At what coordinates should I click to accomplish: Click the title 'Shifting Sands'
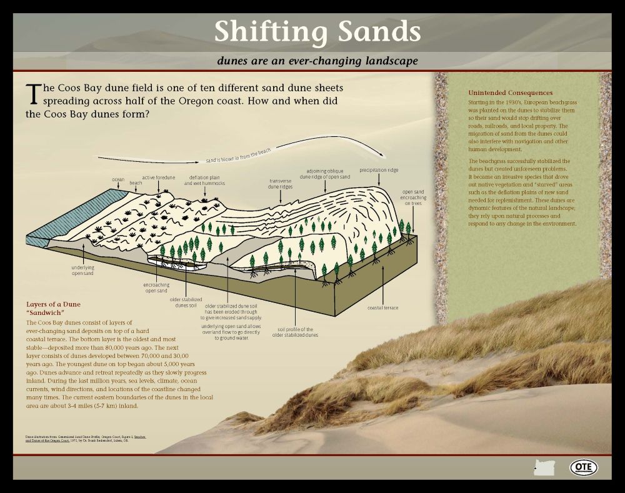coord(317,31)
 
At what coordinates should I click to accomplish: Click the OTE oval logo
coord(583,467)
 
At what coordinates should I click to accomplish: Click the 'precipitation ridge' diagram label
coord(379,169)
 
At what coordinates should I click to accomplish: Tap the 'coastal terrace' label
coord(383,307)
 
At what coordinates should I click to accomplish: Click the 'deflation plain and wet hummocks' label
coord(204,180)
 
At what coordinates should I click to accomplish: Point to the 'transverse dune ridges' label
coord(281,182)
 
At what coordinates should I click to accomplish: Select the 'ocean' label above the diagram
coord(118,179)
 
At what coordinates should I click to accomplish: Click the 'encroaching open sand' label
coord(156,287)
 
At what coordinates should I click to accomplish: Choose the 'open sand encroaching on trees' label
coord(413,197)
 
